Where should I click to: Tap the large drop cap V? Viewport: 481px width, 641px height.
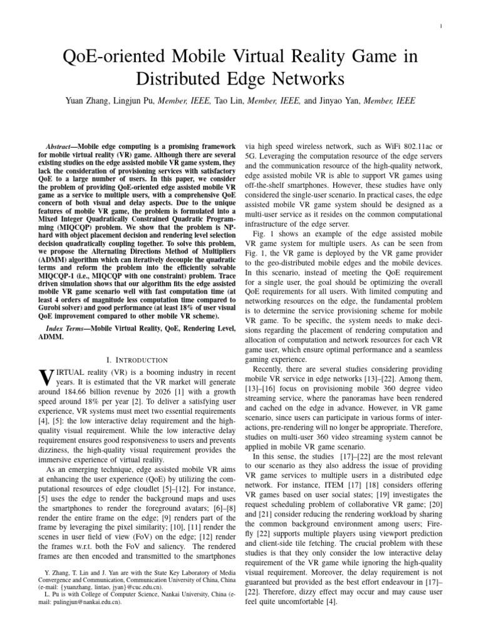coord(44,378)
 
